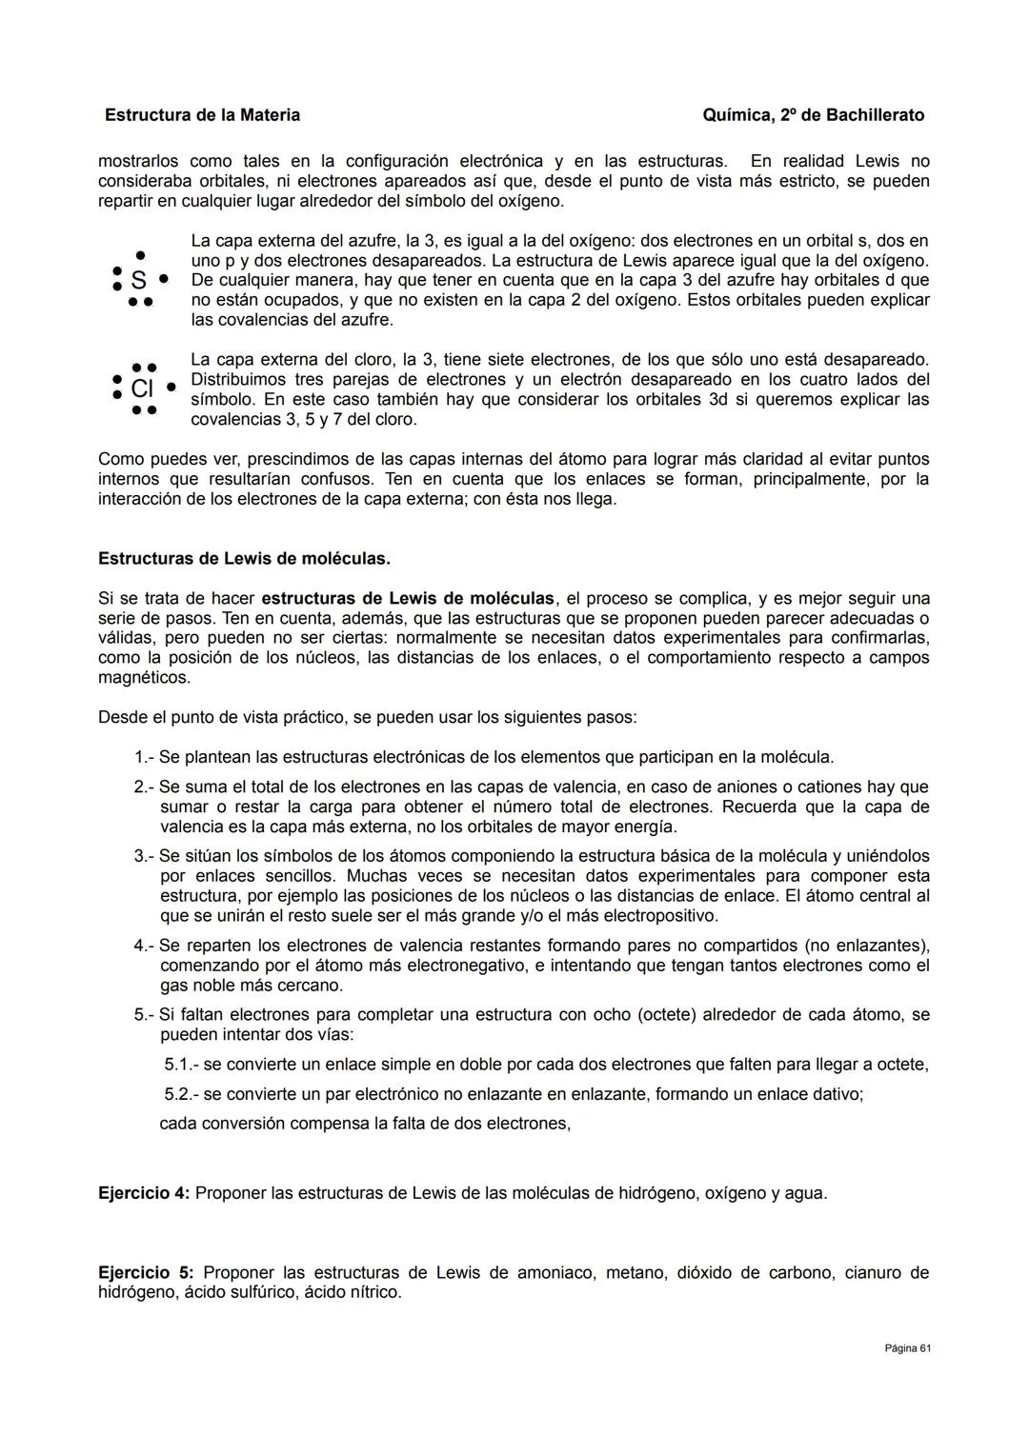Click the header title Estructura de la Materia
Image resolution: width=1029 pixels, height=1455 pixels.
[202, 115]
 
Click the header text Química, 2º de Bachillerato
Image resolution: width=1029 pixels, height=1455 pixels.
[813, 115]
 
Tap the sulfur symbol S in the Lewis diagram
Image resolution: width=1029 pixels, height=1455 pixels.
[138, 280]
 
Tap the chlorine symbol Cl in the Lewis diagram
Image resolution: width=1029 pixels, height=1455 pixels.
[142, 389]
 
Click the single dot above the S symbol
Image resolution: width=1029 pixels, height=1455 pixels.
[140, 255]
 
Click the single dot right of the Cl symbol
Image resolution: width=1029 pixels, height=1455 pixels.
[171, 388]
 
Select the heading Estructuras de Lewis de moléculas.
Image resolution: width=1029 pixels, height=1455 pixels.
[244, 559]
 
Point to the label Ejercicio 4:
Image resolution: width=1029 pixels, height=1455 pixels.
[144, 1193]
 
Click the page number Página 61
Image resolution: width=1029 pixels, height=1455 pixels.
[907, 1348]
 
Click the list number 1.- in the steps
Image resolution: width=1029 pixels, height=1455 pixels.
[144, 757]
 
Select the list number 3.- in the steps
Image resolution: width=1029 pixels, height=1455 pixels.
[144, 856]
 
